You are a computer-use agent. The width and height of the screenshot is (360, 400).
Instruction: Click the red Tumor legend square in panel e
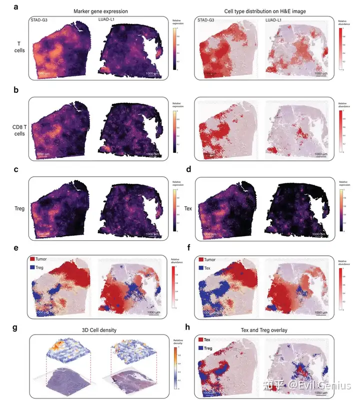[33, 260]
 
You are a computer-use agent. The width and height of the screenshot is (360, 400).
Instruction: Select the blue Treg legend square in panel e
[33, 269]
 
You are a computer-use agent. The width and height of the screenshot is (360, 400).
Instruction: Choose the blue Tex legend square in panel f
[199, 269]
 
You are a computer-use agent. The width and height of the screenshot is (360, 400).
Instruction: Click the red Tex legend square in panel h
[199, 340]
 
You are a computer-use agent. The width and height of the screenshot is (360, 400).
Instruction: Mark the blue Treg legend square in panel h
[199, 348]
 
